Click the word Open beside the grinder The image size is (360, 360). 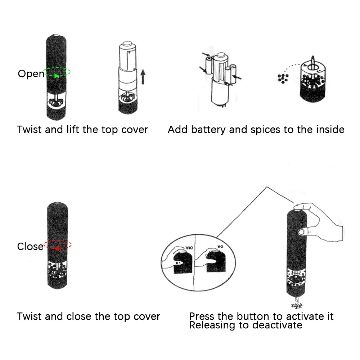pos(31,74)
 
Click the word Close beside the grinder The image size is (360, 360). pos(30,247)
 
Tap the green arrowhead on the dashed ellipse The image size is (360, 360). pos(56,76)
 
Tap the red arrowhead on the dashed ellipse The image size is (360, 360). pos(57,248)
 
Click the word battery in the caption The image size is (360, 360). pos(208,130)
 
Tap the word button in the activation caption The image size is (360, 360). pos(253,317)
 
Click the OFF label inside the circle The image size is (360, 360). pos(188,248)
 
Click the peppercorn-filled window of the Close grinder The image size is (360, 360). pos(58,270)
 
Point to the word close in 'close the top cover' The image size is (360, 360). pos(79,317)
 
